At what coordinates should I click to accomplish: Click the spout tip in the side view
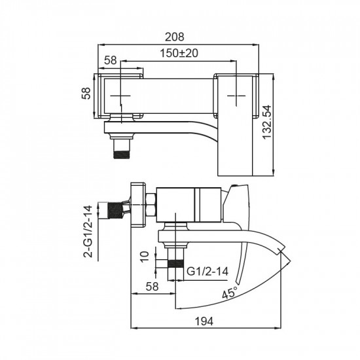coord(280,249)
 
